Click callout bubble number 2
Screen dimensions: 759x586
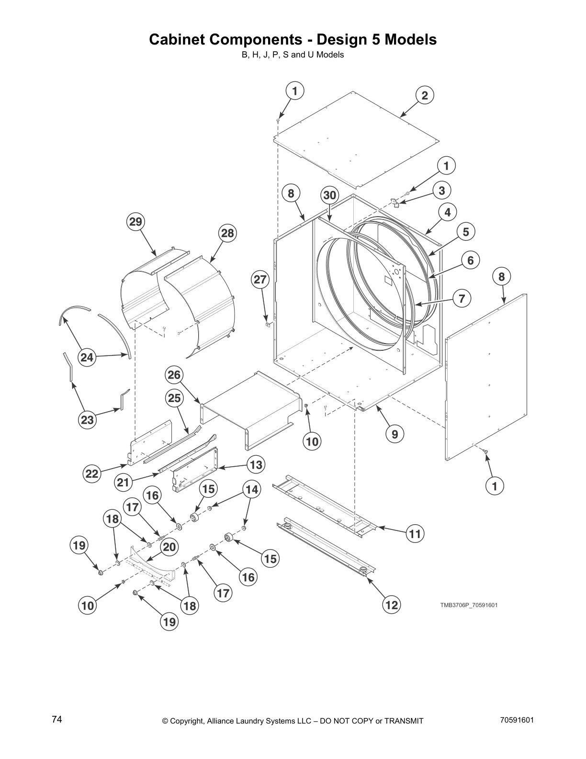pyautogui.click(x=424, y=95)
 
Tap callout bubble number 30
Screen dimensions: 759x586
pyautogui.click(x=329, y=195)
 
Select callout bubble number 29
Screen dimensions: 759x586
pyautogui.click(x=136, y=221)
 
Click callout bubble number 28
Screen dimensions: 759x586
pyautogui.click(x=227, y=233)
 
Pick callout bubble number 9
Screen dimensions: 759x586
pyautogui.click(x=394, y=434)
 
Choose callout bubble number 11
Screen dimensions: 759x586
pyautogui.click(x=415, y=533)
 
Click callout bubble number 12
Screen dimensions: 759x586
pyautogui.click(x=392, y=605)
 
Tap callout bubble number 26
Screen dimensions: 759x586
pyautogui.click(x=174, y=375)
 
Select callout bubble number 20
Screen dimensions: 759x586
pyautogui.click(x=169, y=547)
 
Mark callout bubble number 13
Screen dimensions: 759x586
pyautogui.click(x=256, y=464)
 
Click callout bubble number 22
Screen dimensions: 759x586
pyautogui.click(x=91, y=474)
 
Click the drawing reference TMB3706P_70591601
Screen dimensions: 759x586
pyautogui.click(x=469, y=605)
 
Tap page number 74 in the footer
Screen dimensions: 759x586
pyautogui.click(x=57, y=720)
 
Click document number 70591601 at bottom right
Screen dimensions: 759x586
pyautogui.click(x=517, y=720)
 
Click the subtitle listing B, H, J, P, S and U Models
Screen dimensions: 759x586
pyautogui.click(x=293, y=55)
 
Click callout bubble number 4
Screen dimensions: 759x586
pyautogui.click(x=447, y=212)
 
